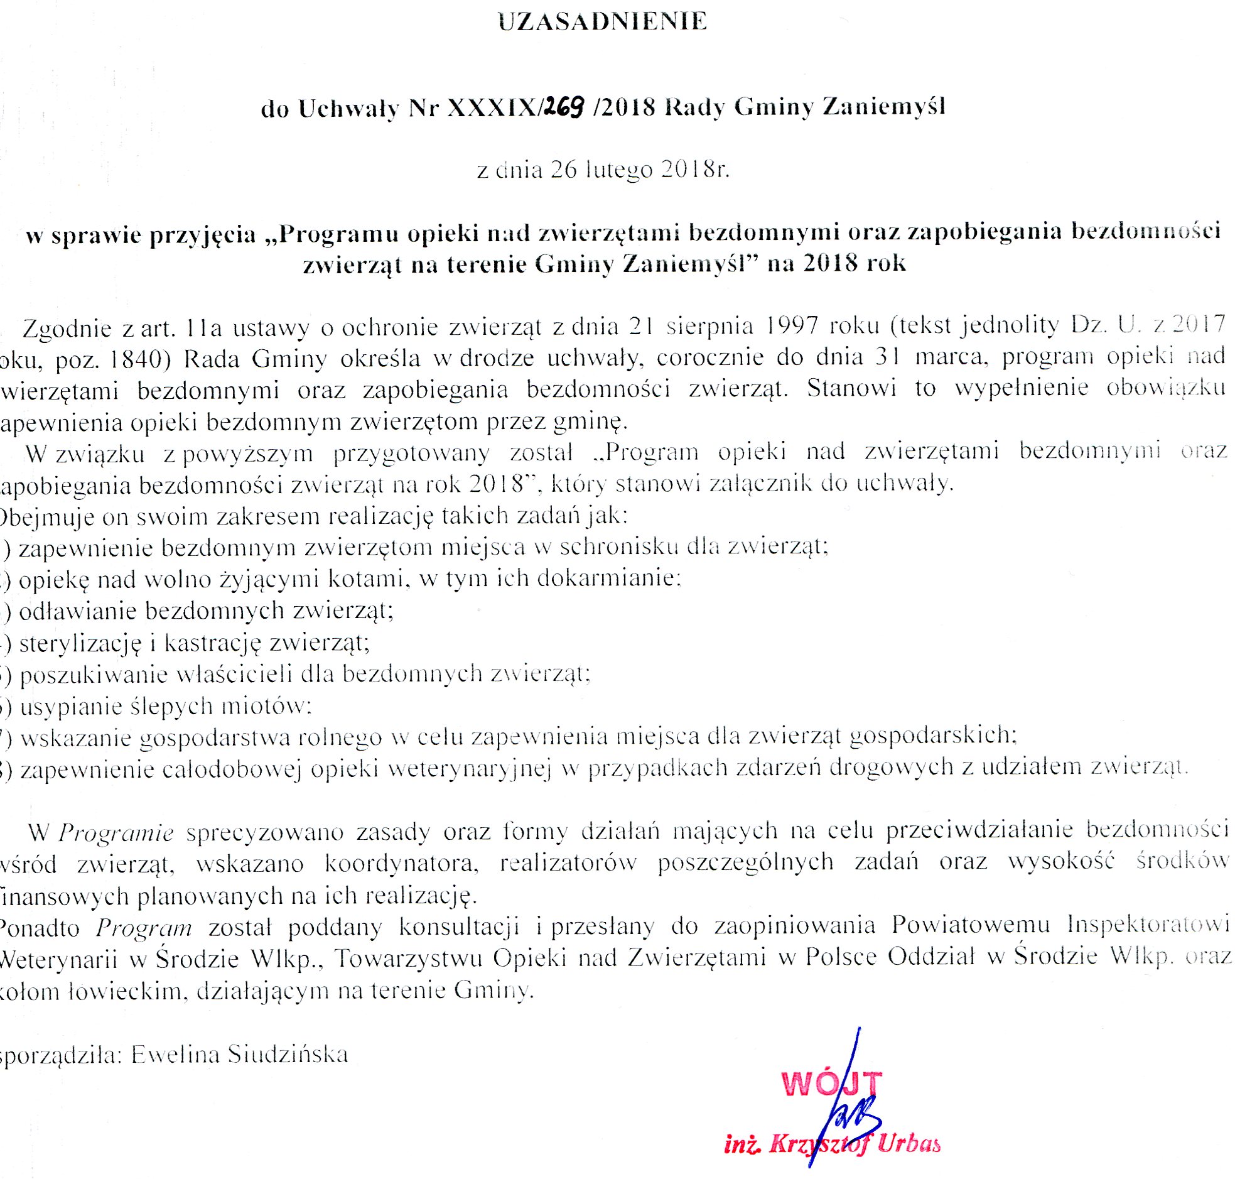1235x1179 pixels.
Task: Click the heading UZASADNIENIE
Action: [x=602, y=21]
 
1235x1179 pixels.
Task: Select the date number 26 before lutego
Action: [x=563, y=170]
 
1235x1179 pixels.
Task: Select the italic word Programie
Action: [x=116, y=834]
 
